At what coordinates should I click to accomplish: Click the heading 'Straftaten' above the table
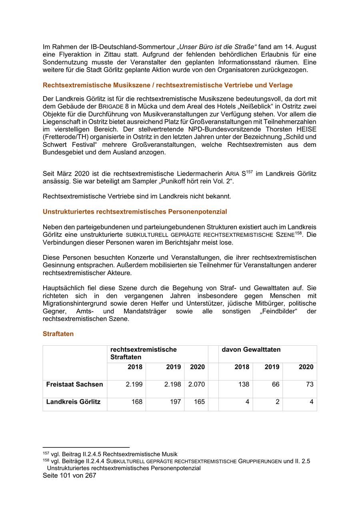point(58,334)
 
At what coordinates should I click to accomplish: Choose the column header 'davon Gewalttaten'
point(251,349)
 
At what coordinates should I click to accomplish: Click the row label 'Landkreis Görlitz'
point(73,402)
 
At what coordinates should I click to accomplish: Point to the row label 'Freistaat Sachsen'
point(74,384)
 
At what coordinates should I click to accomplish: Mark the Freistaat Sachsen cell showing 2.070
point(196,384)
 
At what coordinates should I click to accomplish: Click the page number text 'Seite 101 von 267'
point(69,475)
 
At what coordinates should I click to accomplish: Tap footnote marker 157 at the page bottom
point(46,453)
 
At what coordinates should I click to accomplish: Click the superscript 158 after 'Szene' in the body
point(298,232)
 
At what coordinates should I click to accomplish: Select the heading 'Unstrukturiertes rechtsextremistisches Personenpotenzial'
point(134,211)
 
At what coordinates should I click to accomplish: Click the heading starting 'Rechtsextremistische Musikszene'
point(168,85)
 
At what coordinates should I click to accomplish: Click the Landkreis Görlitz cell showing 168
point(137,402)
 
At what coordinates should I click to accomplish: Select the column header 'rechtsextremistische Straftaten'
point(144,353)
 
